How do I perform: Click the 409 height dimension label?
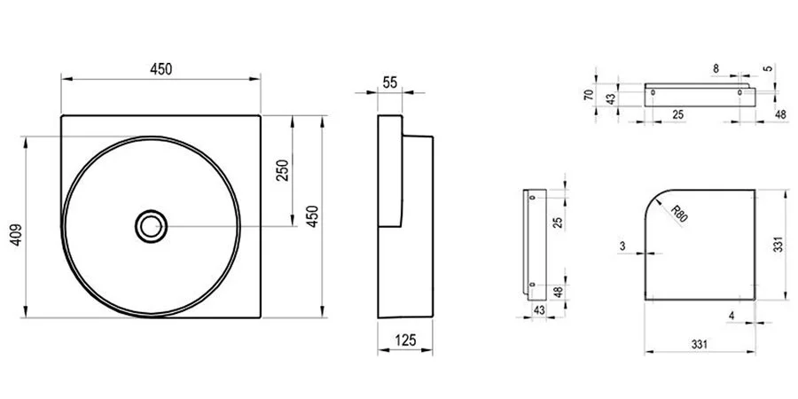(16, 235)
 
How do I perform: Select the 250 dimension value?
(283, 170)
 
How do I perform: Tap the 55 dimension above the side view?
(390, 82)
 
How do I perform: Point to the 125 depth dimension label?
(405, 340)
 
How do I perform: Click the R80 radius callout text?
(679, 214)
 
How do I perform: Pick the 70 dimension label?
(590, 94)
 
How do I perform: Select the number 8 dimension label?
(716, 68)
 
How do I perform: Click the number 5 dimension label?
(769, 68)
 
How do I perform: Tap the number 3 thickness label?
(622, 246)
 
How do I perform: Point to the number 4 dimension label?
(731, 316)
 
